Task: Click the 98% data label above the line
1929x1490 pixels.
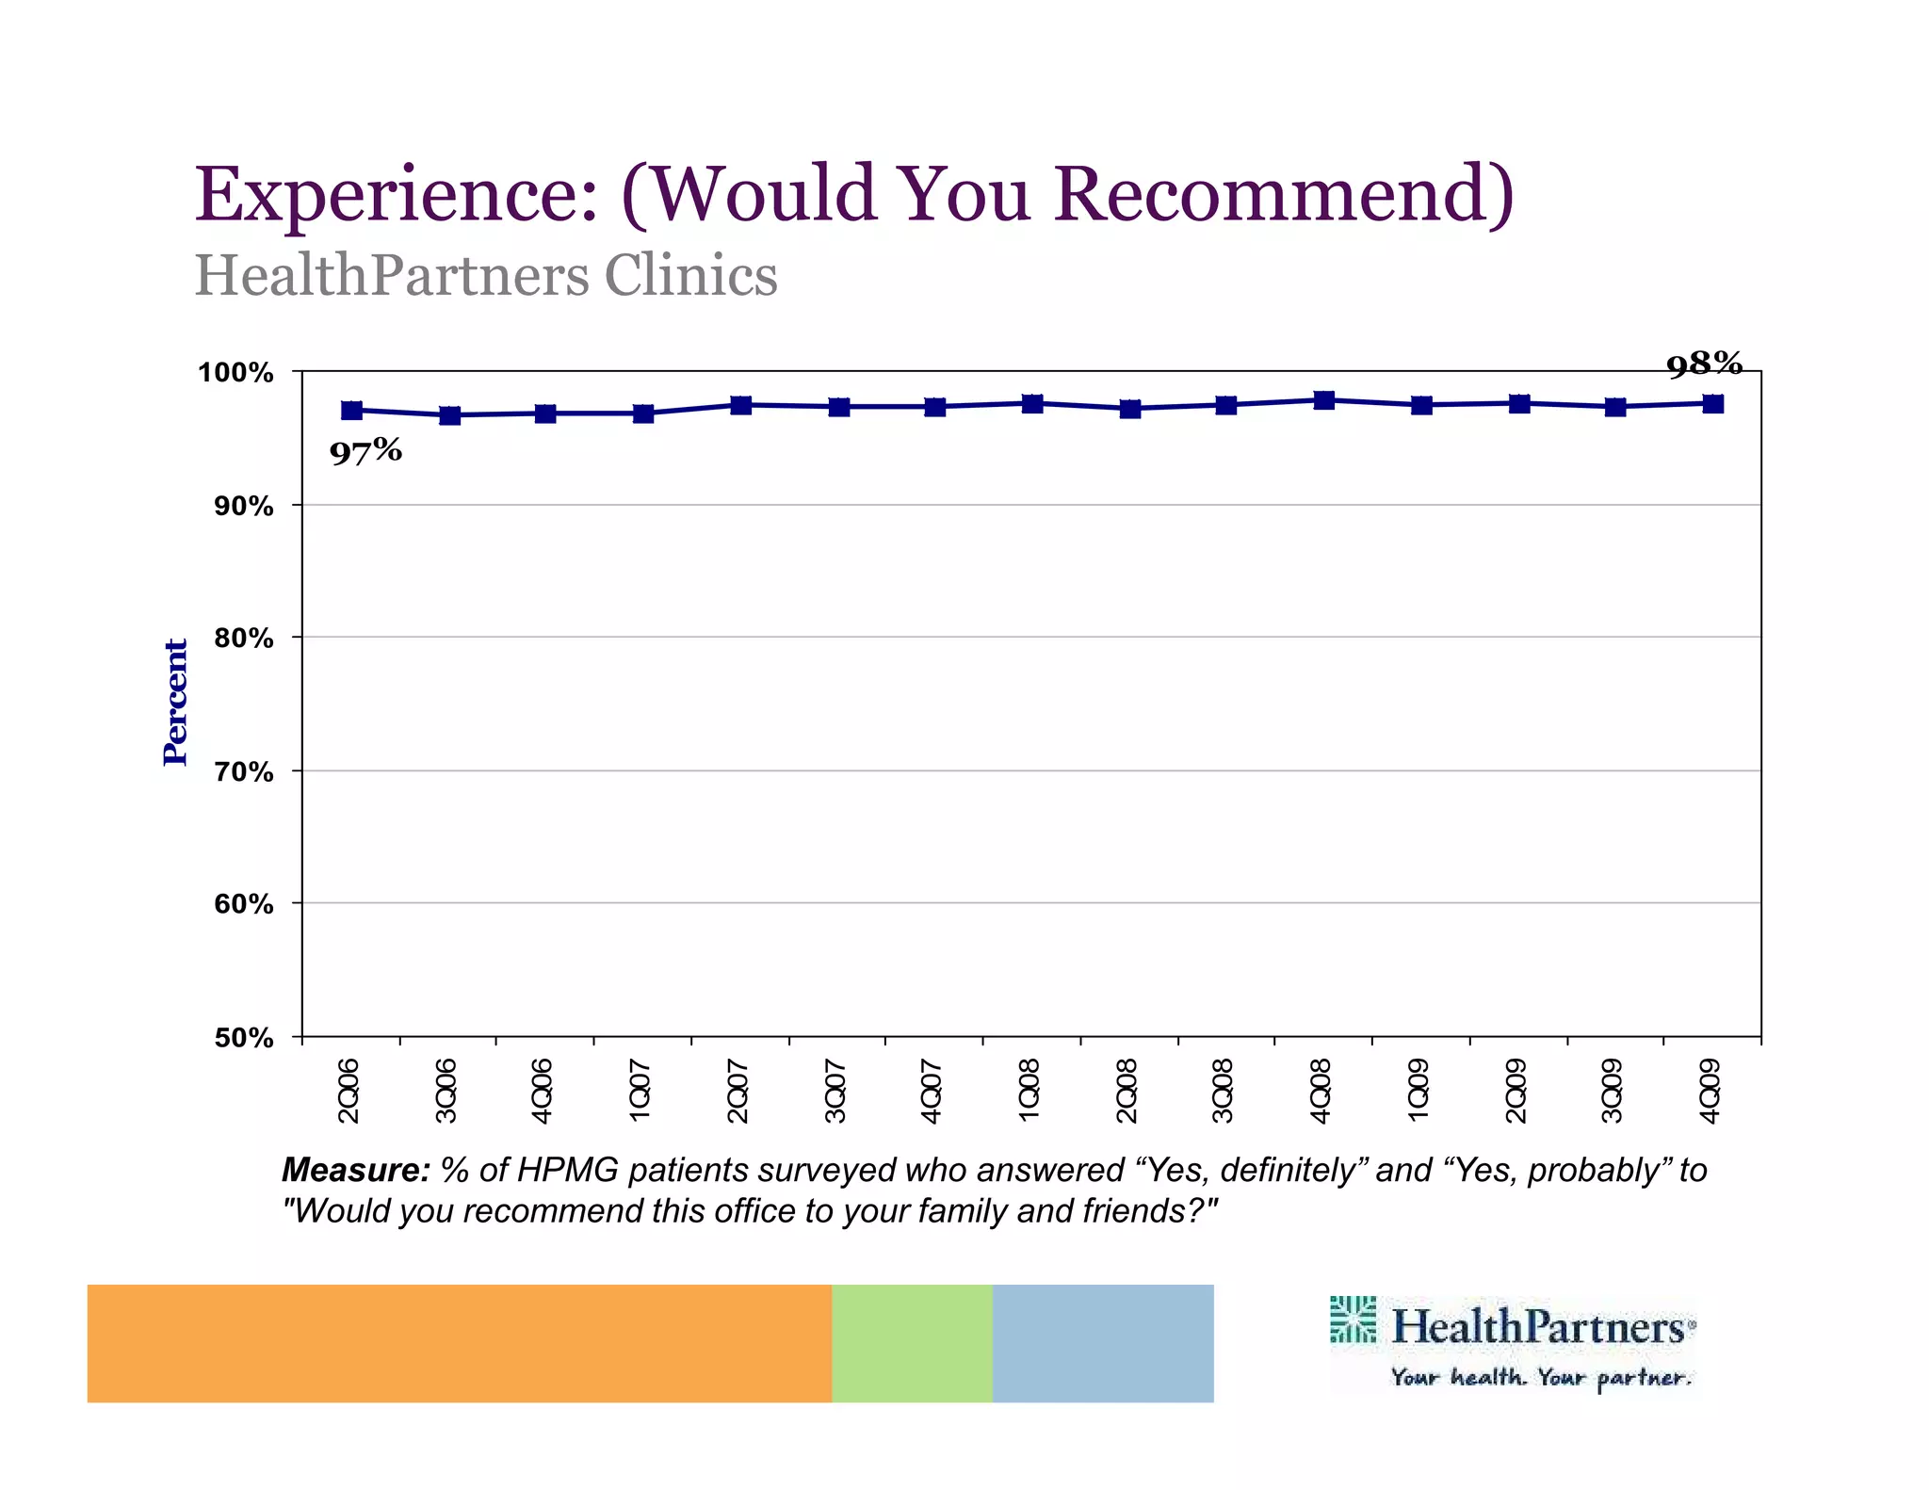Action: click(1704, 364)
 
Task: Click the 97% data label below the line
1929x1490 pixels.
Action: click(365, 451)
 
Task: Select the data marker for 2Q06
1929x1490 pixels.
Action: click(351, 410)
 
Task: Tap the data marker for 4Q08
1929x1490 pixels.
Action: click(1323, 400)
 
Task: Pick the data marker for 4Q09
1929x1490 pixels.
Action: click(1713, 404)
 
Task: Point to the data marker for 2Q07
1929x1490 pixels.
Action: click(741, 405)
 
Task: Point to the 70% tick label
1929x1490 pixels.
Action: click(244, 772)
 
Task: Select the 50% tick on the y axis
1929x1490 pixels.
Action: click(244, 1038)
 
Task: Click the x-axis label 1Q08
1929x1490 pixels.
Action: click(1029, 1090)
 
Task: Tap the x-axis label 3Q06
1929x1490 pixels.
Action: click(446, 1090)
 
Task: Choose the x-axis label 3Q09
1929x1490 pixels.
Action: click(1613, 1090)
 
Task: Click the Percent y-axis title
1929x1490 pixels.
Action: click(175, 702)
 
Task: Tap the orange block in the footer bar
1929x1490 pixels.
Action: click(459, 1343)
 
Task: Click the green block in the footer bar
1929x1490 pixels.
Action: click(912, 1343)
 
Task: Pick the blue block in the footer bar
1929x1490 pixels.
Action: click(1103, 1343)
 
